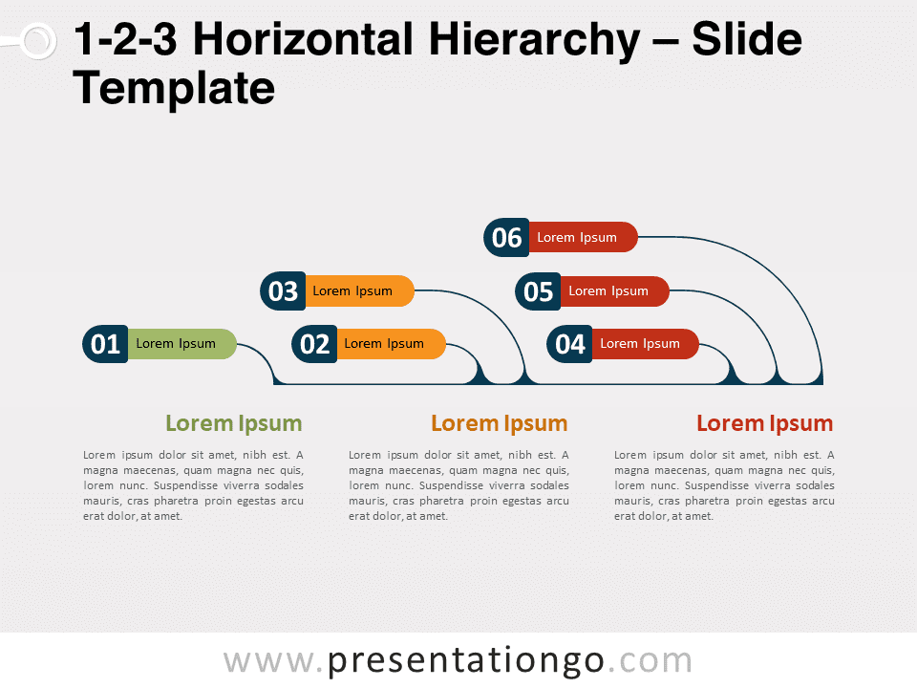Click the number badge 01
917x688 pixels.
coord(105,344)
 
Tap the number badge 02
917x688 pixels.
coord(314,344)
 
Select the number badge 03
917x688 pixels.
coord(283,290)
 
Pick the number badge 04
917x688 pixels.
coord(569,344)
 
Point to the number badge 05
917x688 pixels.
coord(538,291)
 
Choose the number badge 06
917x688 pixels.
coord(506,238)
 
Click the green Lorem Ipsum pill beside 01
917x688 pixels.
coord(181,344)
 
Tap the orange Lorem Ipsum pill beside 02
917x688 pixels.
coord(392,344)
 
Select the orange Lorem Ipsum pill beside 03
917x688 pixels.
coord(360,290)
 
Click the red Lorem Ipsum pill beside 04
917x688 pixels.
coord(646,344)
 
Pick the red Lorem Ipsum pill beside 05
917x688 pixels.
coord(614,291)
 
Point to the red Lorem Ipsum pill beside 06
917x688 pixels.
coord(583,238)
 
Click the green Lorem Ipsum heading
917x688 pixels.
coord(234,423)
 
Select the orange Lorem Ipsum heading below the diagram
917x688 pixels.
coord(500,423)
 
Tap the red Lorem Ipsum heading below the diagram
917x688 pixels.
coord(765,423)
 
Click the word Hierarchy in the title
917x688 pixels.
coord(535,40)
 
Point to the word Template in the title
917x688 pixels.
coord(174,89)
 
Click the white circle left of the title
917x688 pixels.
coord(38,41)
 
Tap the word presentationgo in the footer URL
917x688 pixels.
coord(465,661)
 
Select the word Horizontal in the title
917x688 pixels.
coord(304,39)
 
